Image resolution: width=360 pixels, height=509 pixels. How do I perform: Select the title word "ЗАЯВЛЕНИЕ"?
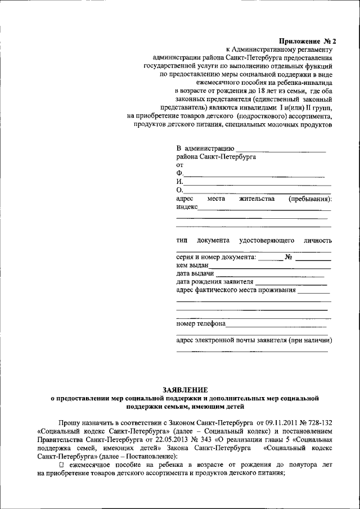[x=184, y=389]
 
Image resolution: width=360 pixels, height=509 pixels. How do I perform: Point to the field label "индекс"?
[x=187, y=207]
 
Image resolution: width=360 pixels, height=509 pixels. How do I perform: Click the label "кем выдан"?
[x=192, y=265]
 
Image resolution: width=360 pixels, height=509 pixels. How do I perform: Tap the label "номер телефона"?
[x=201, y=324]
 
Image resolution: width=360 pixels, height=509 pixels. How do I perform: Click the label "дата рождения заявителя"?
[x=214, y=282]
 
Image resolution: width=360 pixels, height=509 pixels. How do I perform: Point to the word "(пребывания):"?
[x=310, y=199]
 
